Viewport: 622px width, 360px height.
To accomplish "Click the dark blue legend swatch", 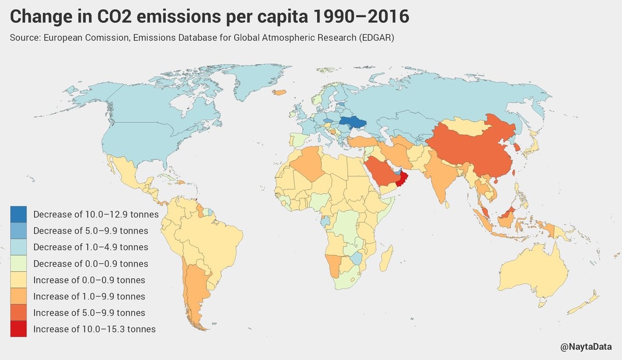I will pos(18,214).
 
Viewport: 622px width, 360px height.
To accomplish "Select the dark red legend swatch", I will pos(18,329).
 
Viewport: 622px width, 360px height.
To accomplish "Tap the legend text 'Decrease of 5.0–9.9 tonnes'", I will pos(91,231).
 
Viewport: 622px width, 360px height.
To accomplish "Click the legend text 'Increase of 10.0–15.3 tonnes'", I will pos(94,329).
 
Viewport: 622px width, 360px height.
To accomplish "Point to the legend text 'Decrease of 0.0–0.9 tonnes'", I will pos(91,264).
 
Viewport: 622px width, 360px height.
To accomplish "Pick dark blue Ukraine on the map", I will pos(352,122).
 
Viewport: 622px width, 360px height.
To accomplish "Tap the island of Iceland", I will pos(280,93).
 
